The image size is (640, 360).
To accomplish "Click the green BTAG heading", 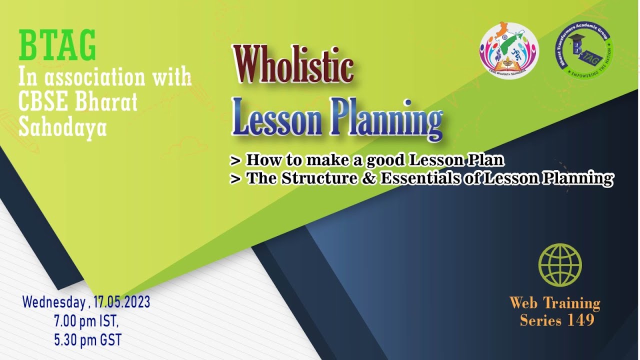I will point(57,45).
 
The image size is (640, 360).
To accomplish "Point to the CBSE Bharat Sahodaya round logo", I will point(509,51).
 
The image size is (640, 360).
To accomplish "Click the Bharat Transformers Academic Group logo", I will point(584,50).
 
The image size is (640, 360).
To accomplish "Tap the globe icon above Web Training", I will point(560,265).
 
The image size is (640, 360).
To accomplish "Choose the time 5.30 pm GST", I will point(87,340).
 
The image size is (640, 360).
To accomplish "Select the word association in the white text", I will point(95,78).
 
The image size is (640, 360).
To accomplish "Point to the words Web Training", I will point(555,303).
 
